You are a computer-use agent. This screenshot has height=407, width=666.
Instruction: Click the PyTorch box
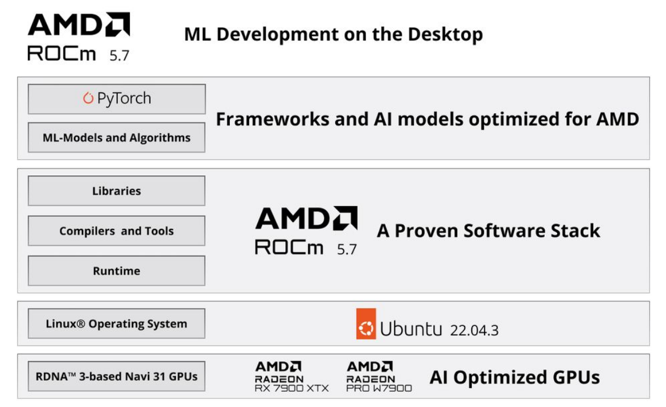[x=116, y=99]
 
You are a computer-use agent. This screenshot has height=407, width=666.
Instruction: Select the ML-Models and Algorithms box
[x=116, y=137]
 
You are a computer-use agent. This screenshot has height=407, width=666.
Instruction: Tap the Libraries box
[x=116, y=191]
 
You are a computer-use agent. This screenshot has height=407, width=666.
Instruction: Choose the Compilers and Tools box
[x=116, y=231]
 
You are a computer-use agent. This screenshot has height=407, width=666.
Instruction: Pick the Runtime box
[x=116, y=270]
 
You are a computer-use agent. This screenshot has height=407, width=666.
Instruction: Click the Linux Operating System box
[x=116, y=323]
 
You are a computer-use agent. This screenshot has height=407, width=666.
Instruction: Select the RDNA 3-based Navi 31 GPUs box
[x=116, y=376]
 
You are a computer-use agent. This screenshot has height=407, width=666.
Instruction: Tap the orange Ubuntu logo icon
[x=366, y=324]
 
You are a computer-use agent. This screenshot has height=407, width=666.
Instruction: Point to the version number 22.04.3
[x=474, y=330]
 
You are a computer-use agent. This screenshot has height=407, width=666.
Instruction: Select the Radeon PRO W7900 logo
[x=379, y=376]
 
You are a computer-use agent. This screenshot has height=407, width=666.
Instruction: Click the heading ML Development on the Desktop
[x=333, y=34]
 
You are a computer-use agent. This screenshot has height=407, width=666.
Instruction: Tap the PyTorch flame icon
[x=88, y=98]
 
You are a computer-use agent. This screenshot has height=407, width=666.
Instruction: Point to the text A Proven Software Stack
[x=488, y=231]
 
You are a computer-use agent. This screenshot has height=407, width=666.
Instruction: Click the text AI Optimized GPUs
[x=514, y=377]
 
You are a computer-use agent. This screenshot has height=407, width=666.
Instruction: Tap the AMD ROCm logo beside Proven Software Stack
[x=306, y=231]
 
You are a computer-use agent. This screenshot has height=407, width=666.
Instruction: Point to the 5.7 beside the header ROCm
[x=119, y=56]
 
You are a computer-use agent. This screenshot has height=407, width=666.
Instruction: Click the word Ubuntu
[x=410, y=329]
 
